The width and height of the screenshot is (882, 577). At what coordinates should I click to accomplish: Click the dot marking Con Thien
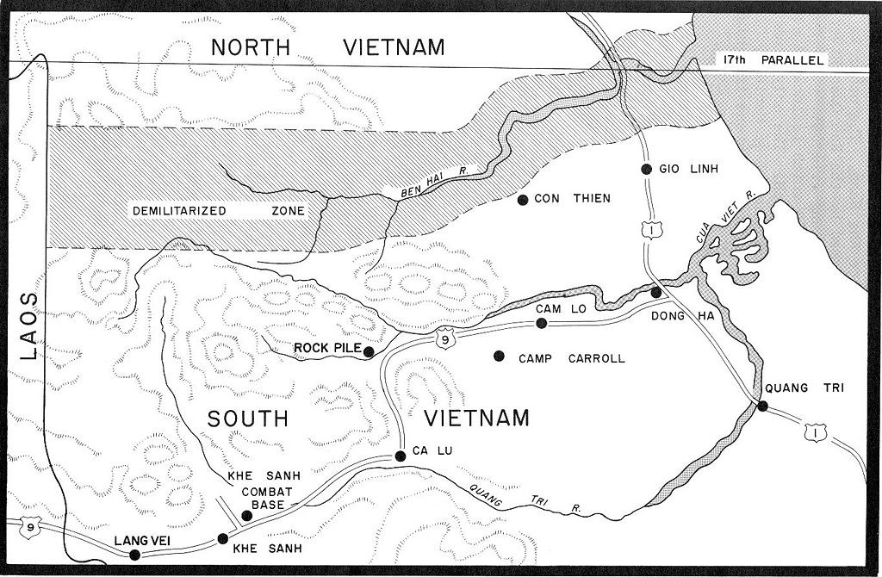click(522, 200)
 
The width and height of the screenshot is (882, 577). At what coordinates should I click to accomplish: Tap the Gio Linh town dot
click(646, 169)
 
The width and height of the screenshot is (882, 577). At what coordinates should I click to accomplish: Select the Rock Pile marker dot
click(369, 351)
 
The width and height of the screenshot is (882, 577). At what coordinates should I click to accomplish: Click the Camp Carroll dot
click(498, 356)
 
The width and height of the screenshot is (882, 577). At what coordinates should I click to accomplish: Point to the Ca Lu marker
click(400, 456)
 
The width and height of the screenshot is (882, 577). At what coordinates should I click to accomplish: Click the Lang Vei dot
click(134, 555)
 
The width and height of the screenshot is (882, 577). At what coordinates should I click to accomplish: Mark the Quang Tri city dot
click(762, 406)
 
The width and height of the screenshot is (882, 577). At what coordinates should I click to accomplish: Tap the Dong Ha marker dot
click(656, 293)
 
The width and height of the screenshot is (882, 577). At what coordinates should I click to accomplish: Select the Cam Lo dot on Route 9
click(541, 323)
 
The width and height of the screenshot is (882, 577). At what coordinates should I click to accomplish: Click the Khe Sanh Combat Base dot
click(246, 516)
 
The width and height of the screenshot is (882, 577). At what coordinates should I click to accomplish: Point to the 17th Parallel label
click(772, 60)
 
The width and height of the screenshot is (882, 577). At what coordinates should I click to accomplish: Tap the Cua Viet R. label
click(726, 217)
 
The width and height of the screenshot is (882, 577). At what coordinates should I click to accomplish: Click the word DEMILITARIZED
click(178, 210)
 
